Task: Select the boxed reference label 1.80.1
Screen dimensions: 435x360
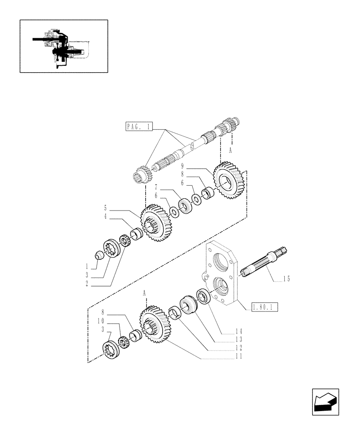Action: pyautogui.click(x=264, y=308)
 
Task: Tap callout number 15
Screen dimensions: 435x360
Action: pyautogui.click(x=286, y=279)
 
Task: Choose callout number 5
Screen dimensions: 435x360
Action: pyautogui.click(x=106, y=208)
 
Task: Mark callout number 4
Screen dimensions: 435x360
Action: pyautogui.click(x=106, y=217)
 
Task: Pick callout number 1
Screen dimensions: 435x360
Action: pyautogui.click(x=87, y=266)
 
